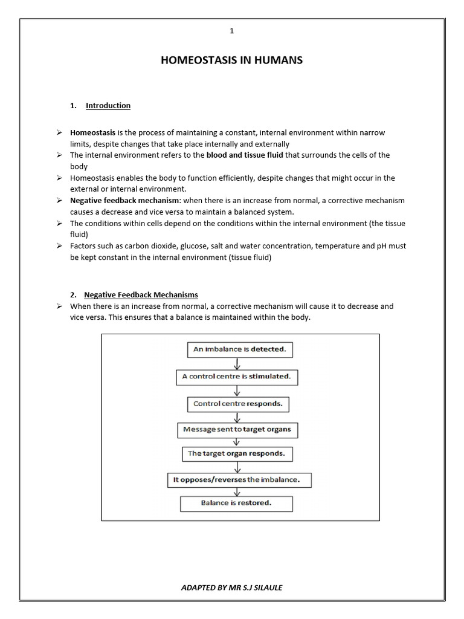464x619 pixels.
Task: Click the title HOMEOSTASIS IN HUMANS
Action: point(231,60)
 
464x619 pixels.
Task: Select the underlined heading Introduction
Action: point(108,106)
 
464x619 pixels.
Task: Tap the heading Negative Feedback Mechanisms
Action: point(141,295)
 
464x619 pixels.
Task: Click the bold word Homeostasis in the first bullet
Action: point(92,132)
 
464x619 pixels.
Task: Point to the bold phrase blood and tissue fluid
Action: point(245,155)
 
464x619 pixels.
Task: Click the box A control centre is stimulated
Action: point(236,377)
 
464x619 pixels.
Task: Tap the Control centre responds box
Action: point(238,403)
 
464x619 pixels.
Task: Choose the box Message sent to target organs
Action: point(237,430)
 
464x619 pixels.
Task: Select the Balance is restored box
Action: point(236,503)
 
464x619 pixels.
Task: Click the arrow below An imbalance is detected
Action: point(237,363)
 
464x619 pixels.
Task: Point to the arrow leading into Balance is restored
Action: point(237,491)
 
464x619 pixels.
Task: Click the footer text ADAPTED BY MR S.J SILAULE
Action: point(231,588)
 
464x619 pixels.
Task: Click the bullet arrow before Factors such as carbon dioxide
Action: point(60,247)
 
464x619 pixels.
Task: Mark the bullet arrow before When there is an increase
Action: point(60,306)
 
